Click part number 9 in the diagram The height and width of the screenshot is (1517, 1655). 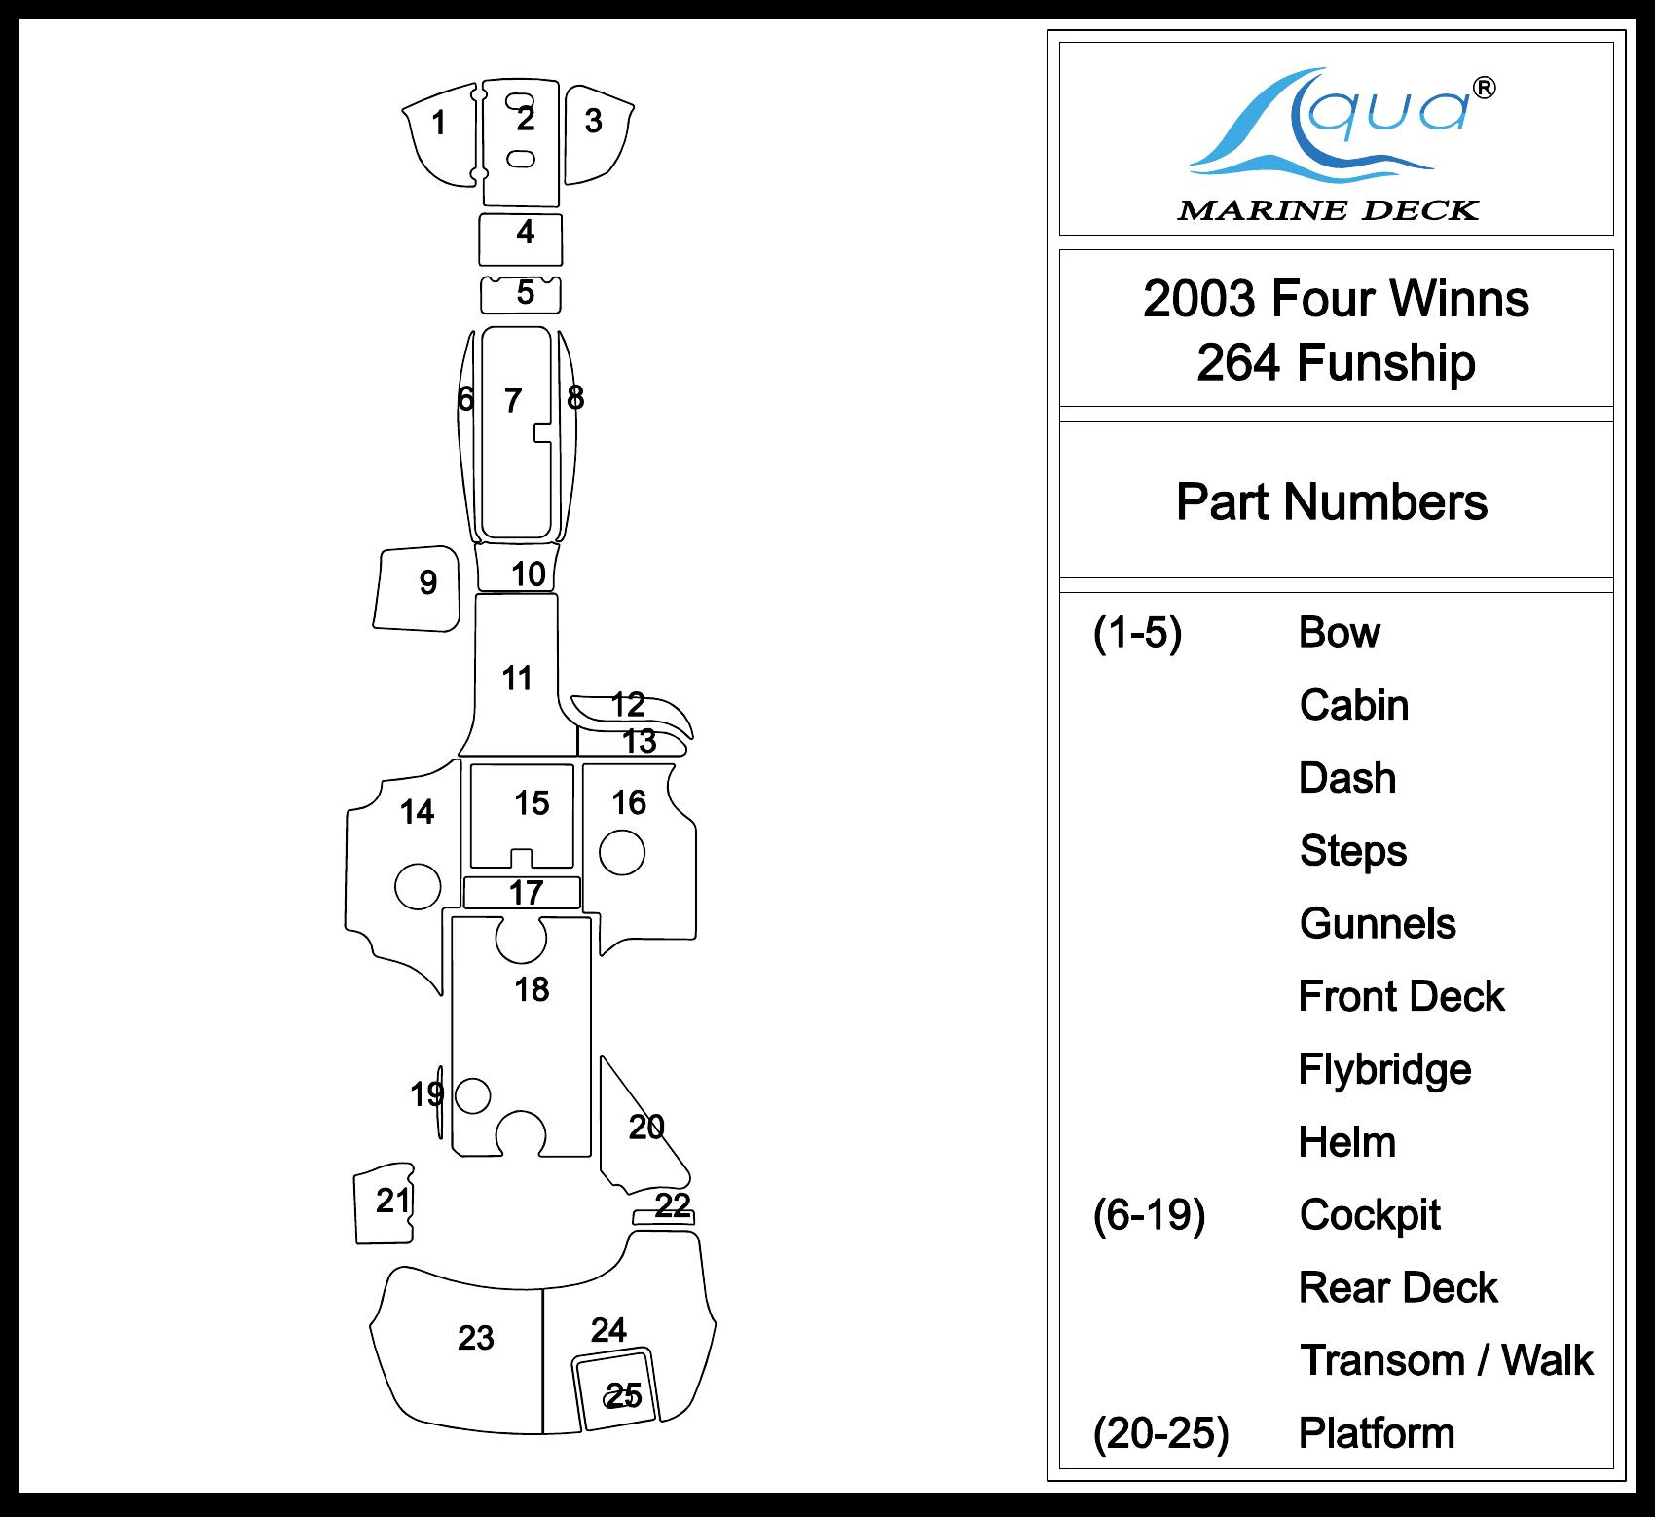tap(427, 582)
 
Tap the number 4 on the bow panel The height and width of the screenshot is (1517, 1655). tap(526, 232)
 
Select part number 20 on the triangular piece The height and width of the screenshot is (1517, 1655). tap(646, 1127)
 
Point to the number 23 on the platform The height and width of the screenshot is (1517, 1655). tap(476, 1338)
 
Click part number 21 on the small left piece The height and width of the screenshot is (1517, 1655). tap(393, 1201)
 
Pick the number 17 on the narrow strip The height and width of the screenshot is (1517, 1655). tap(526, 892)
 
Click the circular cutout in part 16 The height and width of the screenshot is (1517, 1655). tap(622, 853)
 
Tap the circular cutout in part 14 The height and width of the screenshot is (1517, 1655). tap(418, 886)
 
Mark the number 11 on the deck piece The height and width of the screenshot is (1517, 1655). tap(517, 678)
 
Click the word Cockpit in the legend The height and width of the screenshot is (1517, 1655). tap(1370, 1214)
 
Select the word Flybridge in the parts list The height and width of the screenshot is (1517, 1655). tap(1384, 1069)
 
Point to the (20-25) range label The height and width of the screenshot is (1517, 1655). tap(1160, 1432)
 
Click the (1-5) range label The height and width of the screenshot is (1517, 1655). tap(1137, 633)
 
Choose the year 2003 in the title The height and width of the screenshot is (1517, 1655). tap(1198, 299)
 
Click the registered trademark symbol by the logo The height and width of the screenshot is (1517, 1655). tap(1485, 89)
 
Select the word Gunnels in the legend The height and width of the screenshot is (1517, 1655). tap(1378, 923)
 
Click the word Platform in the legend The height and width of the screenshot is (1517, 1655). tap(1377, 1432)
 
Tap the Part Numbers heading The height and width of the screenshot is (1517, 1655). tap(1331, 502)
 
